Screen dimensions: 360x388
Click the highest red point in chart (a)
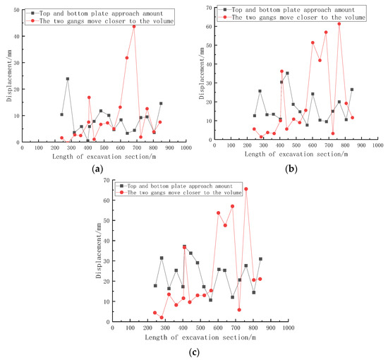134,26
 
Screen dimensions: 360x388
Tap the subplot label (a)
95,169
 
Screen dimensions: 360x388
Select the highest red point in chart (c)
246,188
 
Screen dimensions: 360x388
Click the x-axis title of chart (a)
97,157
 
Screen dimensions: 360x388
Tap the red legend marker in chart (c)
131,191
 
